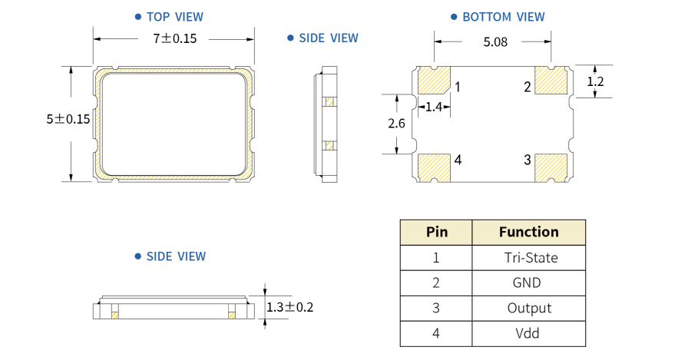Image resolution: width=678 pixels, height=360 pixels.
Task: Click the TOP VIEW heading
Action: [174, 16]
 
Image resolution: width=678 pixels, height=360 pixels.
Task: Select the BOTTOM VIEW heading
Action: [503, 17]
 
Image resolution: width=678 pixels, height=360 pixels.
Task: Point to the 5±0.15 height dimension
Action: [68, 119]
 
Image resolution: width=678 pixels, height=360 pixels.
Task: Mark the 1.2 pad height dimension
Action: [596, 81]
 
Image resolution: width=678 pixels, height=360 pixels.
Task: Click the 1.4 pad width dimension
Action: [433, 107]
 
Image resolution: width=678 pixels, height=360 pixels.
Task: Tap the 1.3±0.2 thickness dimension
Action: [290, 307]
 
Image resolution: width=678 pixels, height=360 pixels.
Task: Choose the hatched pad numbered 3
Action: [551, 167]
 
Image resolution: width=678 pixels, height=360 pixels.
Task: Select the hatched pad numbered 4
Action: [434, 167]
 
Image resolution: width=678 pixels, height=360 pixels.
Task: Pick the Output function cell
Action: [529, 308]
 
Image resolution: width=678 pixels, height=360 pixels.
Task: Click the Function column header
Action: [529, 232]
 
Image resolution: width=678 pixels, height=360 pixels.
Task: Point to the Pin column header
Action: [436, 232]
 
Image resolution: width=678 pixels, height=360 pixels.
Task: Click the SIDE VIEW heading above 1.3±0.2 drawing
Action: [176, 256]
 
